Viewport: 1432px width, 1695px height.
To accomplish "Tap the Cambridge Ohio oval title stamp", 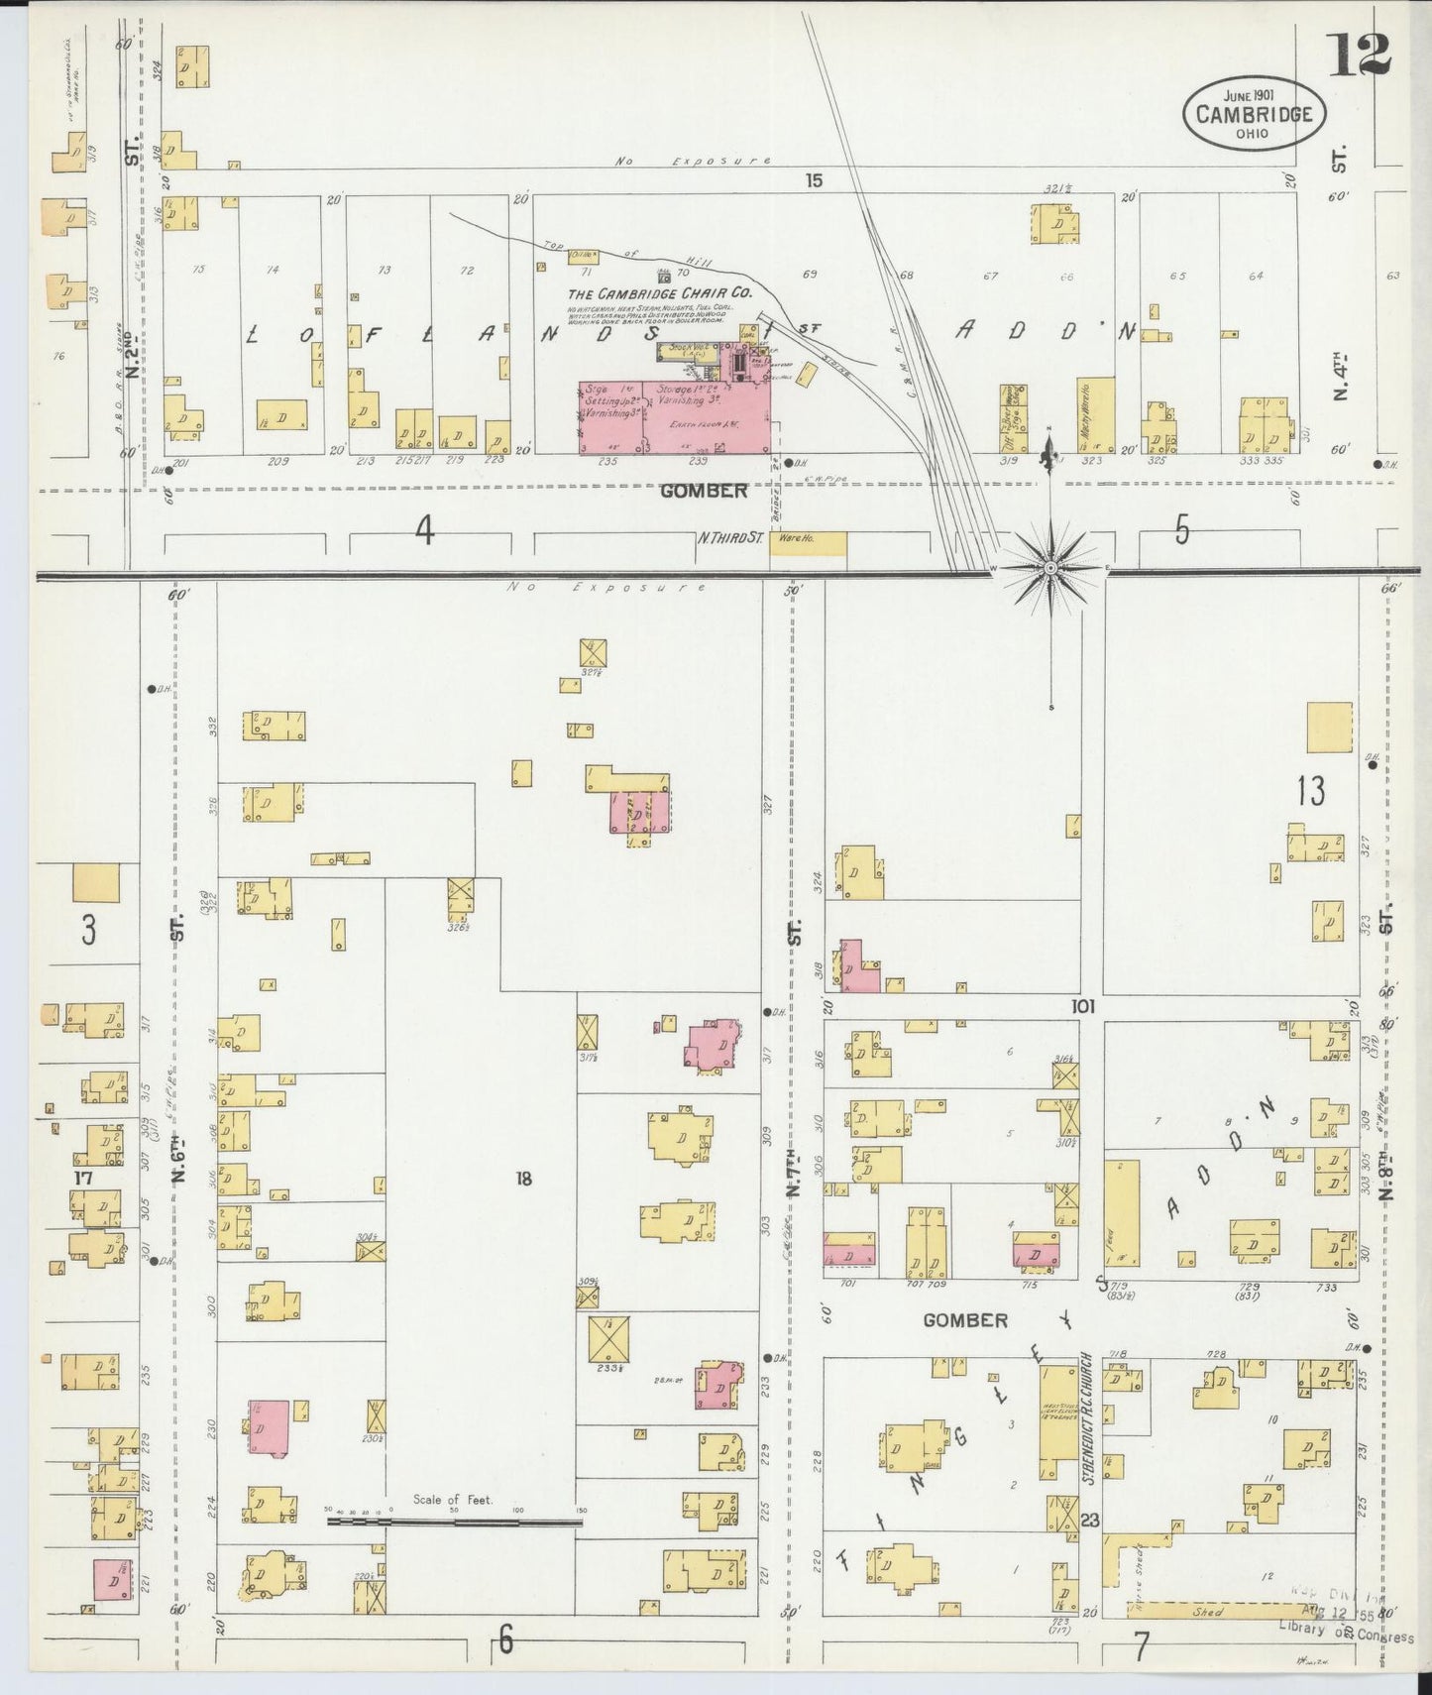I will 1253,113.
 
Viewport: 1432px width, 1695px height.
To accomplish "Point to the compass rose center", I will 1050,567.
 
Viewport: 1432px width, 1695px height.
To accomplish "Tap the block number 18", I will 523,1179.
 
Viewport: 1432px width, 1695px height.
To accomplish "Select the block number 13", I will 1310,791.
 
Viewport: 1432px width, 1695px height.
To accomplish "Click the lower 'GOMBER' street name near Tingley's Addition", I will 964,1320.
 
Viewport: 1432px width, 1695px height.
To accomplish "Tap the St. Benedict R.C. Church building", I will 1058,1419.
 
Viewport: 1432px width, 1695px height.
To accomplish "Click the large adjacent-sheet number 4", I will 424,532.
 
